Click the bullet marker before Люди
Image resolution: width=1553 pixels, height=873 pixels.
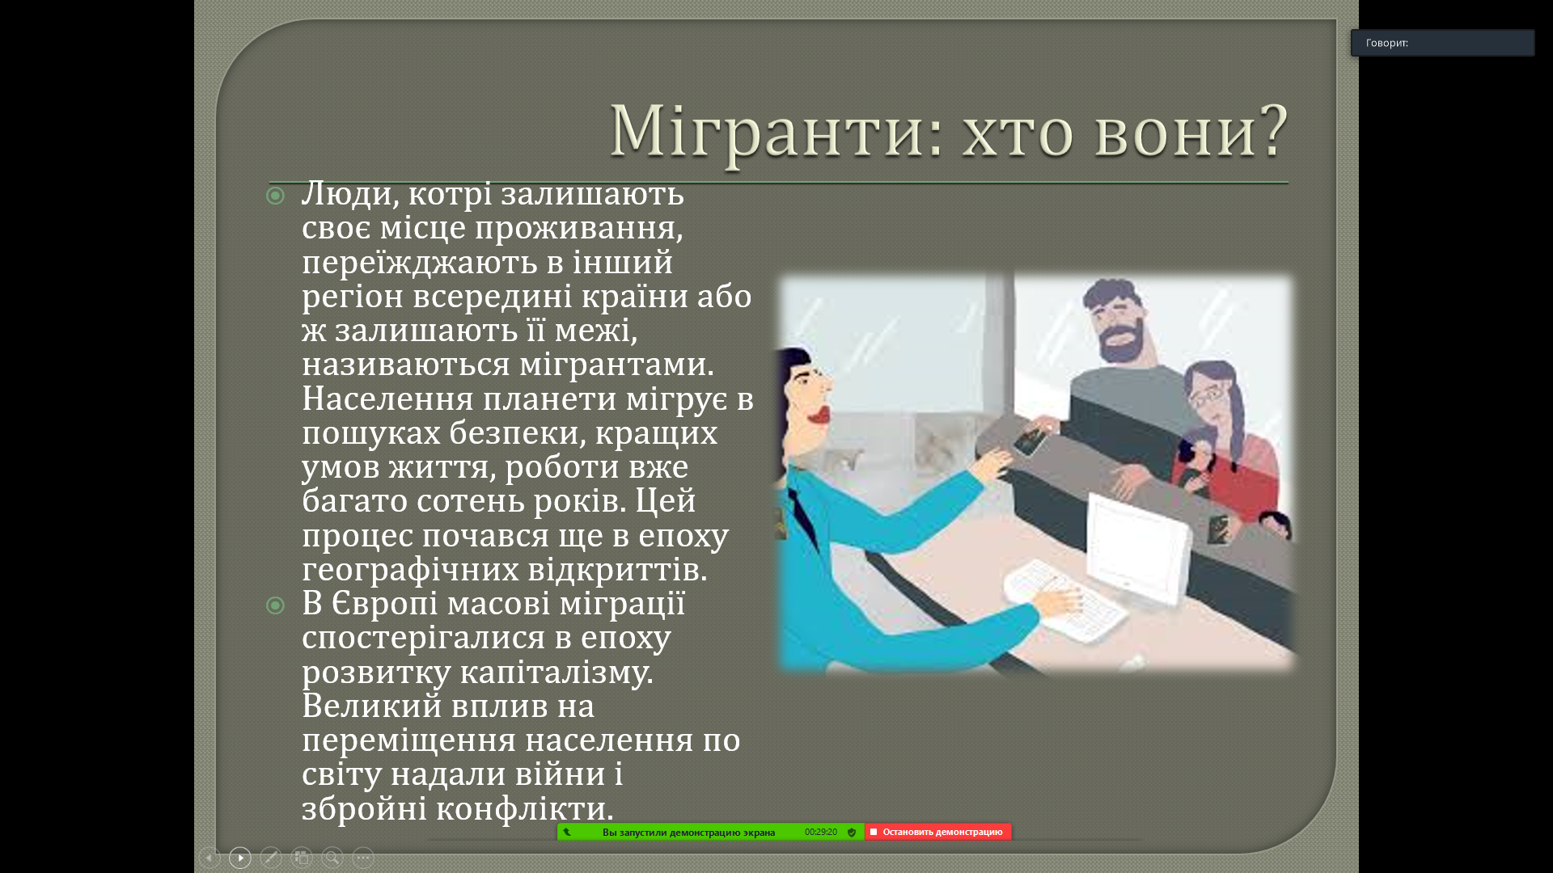(276, 196)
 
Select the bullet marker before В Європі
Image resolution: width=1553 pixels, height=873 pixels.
(276, 605)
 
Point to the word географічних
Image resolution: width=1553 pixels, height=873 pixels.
(410, 570)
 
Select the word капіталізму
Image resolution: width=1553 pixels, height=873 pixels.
(556, 673)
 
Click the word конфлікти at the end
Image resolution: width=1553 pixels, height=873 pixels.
(525, 808)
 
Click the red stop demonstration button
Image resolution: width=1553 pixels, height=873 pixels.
(938, 832)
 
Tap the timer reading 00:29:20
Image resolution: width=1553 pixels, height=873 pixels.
(820, 832)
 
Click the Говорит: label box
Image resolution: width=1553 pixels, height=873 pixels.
(1442, 43)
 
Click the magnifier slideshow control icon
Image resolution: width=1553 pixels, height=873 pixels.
(332, 858)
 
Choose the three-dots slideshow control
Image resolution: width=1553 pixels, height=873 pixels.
(363, 858)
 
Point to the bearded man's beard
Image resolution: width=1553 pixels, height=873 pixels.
(1124, 342)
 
